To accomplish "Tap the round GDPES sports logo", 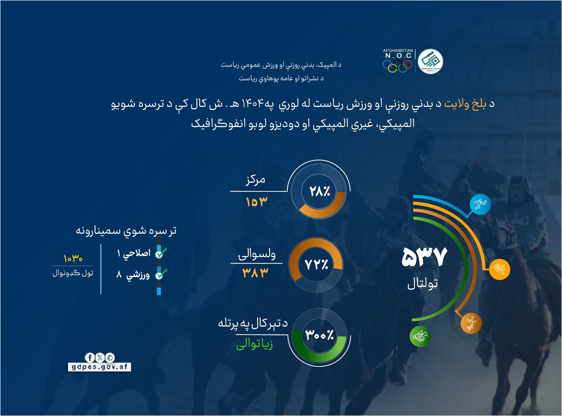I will (430, 61).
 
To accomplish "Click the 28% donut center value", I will (319, 191).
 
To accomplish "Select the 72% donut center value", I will (316, 265).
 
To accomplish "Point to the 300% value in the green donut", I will (319, 335).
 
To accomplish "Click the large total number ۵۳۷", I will (424, 257).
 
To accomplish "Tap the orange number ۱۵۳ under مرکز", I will (256, 202).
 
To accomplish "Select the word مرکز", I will (255, 180).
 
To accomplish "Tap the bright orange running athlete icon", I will (499, 269).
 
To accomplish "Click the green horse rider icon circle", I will (420, 336).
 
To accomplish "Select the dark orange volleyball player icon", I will (471, 323).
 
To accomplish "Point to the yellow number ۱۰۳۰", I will (73, 258).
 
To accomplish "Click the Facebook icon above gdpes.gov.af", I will (90, 358).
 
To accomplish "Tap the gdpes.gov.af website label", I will (99, 367).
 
